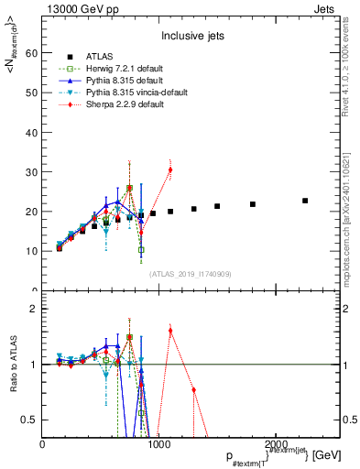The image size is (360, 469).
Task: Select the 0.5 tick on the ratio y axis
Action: [x=29, y=420]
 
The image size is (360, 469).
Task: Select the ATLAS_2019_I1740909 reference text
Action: [x=190, y=273]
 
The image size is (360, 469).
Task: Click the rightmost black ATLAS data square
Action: [x=305, y=201]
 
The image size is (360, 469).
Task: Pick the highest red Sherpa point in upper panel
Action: [x=170, y=169]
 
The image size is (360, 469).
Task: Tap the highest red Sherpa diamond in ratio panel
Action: [x=170, y=331]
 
